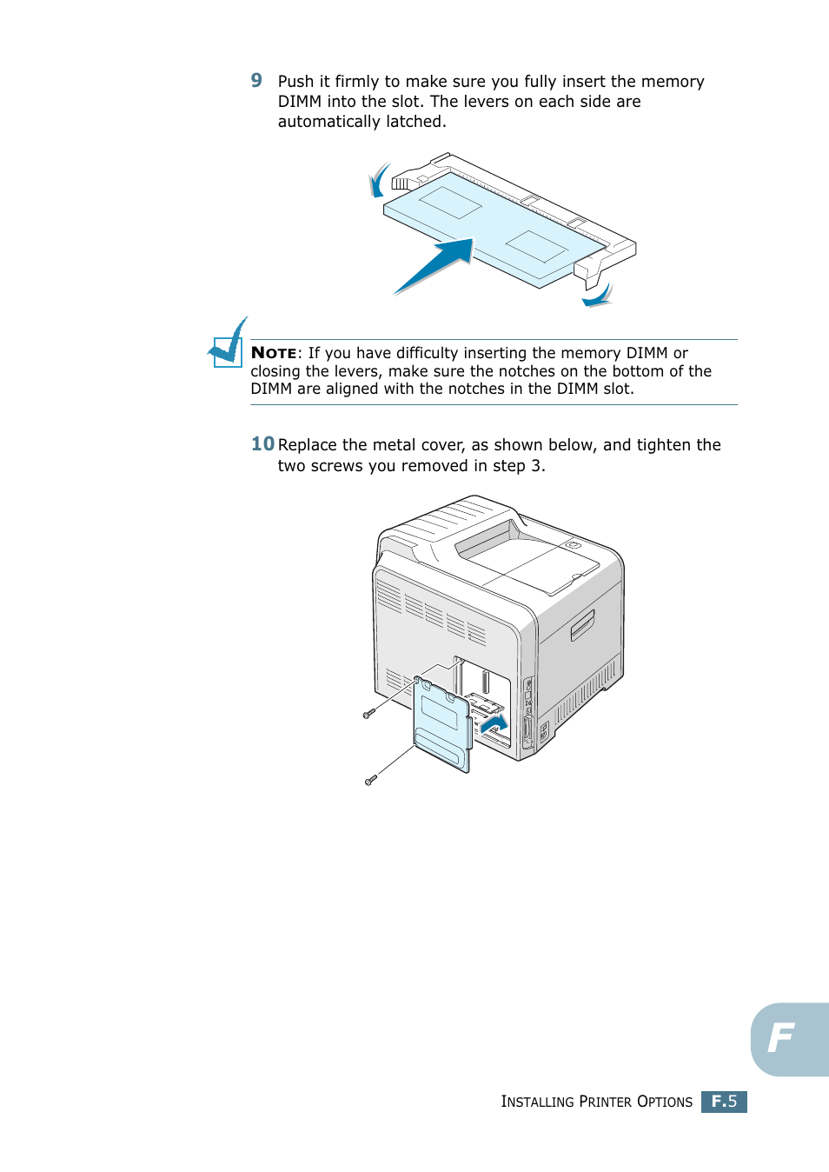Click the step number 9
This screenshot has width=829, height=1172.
click(256, 81)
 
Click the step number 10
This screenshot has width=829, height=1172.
click(262, 444)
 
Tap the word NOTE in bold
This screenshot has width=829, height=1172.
click(274, 353)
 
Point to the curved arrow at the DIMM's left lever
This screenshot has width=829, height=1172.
click(378, 181)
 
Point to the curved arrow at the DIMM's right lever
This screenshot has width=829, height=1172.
click(598, 296)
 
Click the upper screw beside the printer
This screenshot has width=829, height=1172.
click(368, 714)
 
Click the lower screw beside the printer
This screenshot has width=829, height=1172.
click(370, 780)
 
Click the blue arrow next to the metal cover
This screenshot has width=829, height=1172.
click(494, 723)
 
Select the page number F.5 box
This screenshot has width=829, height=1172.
click(724, 1102)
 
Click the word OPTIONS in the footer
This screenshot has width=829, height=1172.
click(665, 1102)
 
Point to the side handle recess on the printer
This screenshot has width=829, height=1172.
click(582, 625)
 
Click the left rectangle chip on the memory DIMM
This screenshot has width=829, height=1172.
click(450, 203)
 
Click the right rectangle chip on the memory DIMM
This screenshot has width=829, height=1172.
click(537, 246)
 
